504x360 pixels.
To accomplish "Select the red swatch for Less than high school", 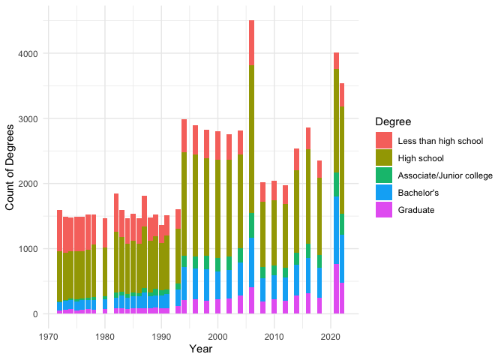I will [x=384, y=140].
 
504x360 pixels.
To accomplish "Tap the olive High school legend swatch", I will [x=384, y=157].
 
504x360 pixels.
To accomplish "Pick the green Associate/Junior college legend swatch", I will [x=384, y=175].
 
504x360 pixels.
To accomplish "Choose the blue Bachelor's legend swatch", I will [x=384, y=192].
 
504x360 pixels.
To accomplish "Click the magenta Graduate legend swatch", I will [x=384, y=209].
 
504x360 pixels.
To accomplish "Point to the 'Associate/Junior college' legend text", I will [x=445, y=175].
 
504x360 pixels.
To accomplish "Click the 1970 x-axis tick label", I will [x=49, y=337].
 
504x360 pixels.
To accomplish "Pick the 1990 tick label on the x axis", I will [x=161, y=337].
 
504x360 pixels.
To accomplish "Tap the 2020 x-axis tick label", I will [x=330, y=337].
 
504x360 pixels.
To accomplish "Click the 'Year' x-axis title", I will [x=200, y=349].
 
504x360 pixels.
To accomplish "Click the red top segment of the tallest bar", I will [x=251, y=43].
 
